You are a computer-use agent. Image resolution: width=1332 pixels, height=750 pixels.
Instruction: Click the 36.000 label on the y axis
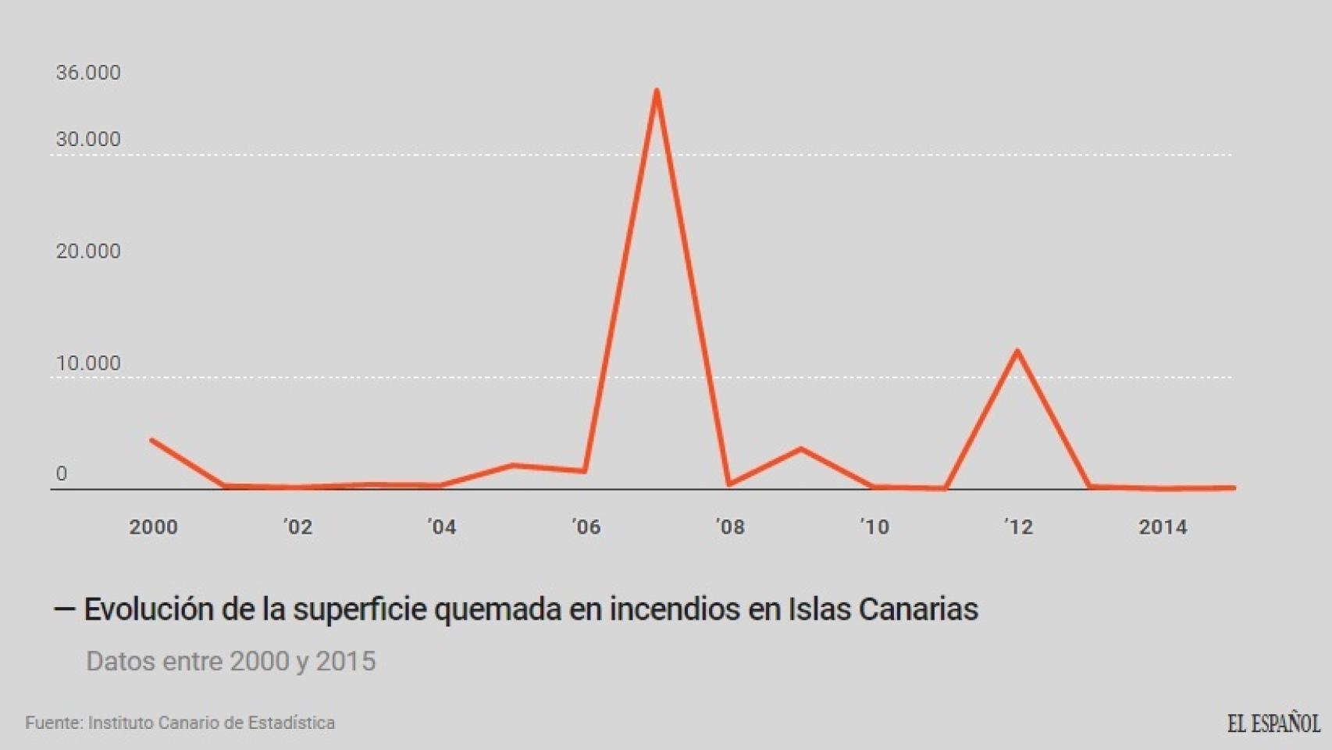[88, 73]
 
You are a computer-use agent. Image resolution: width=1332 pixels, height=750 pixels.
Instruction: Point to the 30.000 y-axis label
[88, 139]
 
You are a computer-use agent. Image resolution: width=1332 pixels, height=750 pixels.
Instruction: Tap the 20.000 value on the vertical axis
[88, 251]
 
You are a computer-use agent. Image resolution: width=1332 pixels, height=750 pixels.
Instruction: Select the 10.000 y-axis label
[88, 363]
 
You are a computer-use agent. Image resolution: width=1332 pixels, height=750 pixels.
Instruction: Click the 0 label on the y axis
[62, 473]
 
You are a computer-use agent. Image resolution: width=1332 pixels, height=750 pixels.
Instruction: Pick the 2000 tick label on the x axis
[153, 527]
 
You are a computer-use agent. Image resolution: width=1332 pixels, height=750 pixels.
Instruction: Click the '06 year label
[586, 527]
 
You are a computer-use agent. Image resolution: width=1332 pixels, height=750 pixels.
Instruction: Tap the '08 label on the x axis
[730, 527]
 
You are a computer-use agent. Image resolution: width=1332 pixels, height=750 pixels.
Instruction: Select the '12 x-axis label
[1018, 527]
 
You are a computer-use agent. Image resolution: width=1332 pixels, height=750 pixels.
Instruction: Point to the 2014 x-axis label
[1163, 527]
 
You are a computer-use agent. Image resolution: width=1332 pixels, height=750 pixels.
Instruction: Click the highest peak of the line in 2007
[657, 91]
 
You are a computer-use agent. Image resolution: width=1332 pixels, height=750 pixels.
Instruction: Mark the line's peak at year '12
[1017, 351]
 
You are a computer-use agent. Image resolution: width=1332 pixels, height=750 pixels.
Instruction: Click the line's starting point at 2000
[152, 441]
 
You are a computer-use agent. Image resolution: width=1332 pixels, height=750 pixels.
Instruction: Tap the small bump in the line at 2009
[801, 448]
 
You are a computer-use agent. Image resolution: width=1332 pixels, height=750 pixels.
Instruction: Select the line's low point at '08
[729, 484]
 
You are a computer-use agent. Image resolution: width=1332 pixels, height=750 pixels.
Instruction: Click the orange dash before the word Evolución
[64, 609]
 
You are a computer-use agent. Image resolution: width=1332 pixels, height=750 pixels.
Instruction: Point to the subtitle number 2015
[345, 662]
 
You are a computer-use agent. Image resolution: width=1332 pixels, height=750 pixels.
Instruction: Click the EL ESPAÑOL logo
[1273, 723]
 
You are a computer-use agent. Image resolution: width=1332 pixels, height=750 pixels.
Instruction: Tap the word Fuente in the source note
[53, 723]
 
